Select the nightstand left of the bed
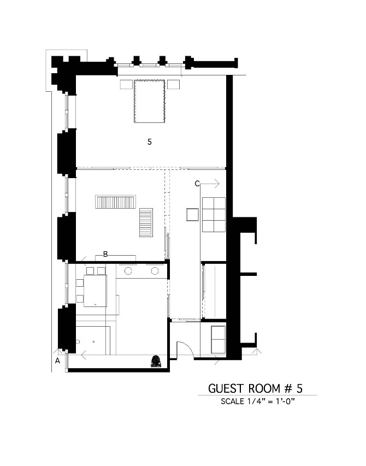127,85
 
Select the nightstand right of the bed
174,85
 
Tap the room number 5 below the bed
150,141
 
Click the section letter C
197,184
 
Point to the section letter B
105,253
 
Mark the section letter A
57,361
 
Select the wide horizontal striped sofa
115,202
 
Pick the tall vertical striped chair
146,222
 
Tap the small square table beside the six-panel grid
192,214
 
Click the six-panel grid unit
214,215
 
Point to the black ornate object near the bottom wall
156,361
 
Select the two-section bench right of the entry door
213,338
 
